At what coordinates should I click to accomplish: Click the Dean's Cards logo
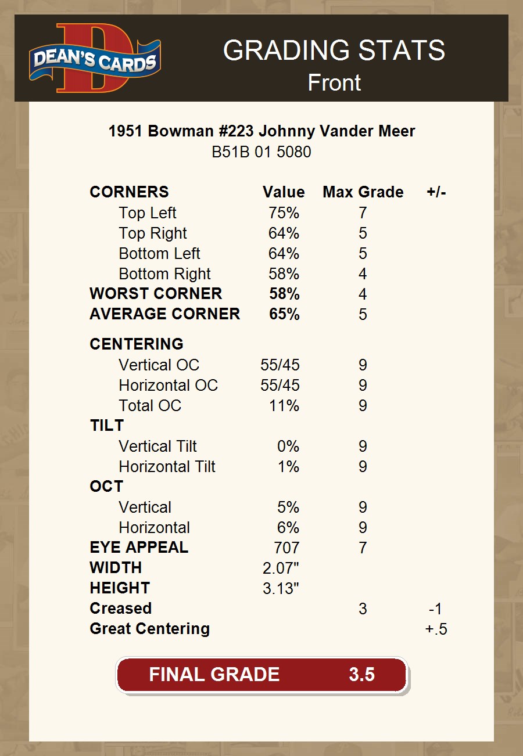tap(95, 59)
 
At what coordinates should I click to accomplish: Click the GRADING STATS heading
tap(334, 51)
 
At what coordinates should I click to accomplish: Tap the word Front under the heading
tap(334, 82)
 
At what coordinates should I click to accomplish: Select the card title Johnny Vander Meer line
tap(261, 131)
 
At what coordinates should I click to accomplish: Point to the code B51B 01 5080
tap(261, 152)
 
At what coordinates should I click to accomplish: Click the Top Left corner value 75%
tap(284, 213)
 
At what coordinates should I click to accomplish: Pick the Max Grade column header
tap(363, 192)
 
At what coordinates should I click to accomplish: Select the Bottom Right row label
tap(164, 274)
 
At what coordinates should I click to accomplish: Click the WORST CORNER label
tap(156, 294)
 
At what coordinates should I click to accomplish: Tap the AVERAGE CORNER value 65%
tap(284, 314)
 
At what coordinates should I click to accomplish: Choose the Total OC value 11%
tap(284, 405)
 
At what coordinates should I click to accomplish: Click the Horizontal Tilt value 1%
tap(288, 466)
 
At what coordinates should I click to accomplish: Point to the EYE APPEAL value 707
tap(286, 548)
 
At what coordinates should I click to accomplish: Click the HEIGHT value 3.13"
tap(281, 588)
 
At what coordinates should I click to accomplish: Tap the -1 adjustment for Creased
tap(435, 609)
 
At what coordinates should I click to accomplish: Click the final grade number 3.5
tap(361, 674)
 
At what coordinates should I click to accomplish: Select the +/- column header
tap(436, 192)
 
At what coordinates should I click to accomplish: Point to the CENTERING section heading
tap(137, 344)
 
